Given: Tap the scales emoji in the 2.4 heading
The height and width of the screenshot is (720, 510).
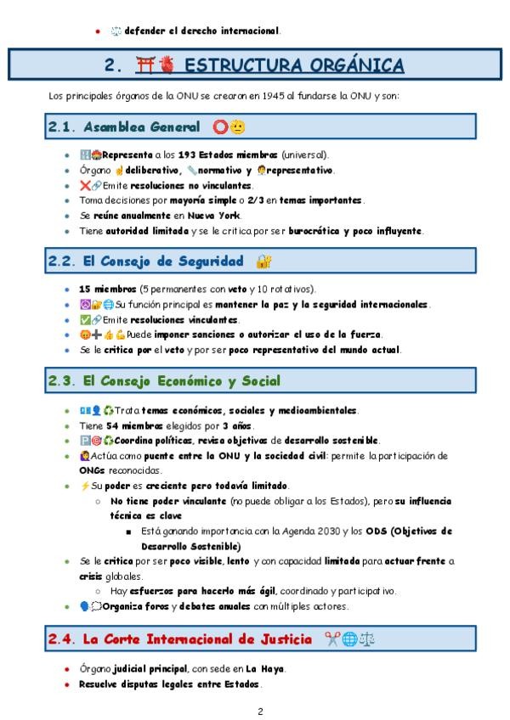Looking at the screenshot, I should [x=370, y=638].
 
